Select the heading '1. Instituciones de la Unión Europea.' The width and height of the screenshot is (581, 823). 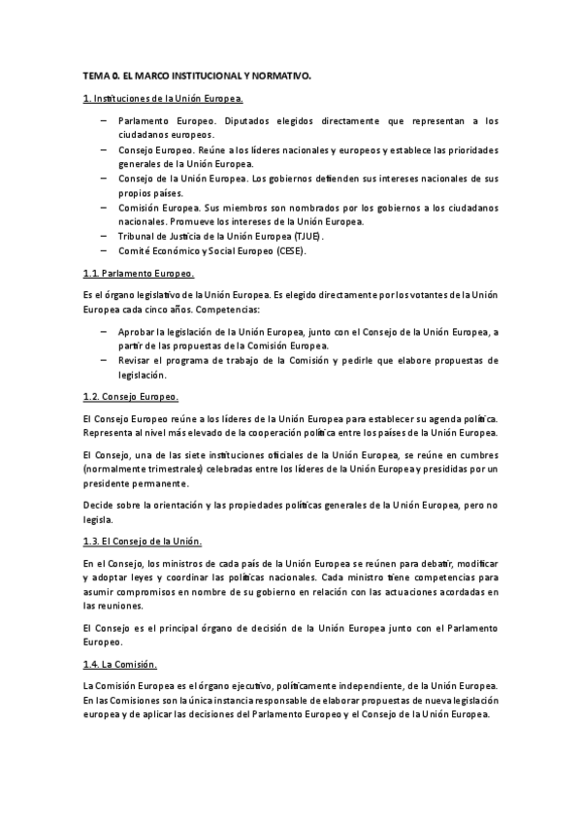pos(162,99)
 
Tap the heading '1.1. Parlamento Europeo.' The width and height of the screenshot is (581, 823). pos(139,275)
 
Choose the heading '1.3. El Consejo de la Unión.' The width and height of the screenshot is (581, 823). pos(143,540)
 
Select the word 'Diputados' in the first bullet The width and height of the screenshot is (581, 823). pos(254,121)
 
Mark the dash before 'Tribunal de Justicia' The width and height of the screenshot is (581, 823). pos(105,236)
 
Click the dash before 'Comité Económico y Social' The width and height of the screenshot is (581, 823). pos(105,251)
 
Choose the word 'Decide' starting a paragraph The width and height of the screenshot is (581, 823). pos(100,505)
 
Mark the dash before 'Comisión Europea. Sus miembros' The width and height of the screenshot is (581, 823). pos(105,208)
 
